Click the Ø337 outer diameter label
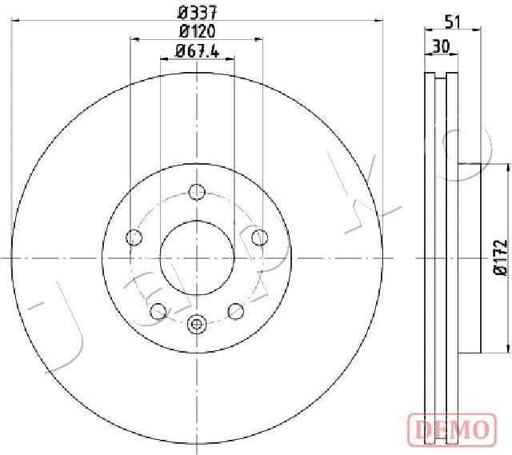[197, 11]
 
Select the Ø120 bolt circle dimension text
[197, 31]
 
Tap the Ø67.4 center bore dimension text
[197, 53]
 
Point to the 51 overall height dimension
[453, 22]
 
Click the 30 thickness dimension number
[439, 47]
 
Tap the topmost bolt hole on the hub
[197, 191]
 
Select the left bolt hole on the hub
[134, 237]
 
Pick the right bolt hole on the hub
[259, 237]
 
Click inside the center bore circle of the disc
[197, 257]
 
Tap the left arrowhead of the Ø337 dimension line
[15, 19]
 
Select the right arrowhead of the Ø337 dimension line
[379, 19]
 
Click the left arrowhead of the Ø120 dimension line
[134, 38]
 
